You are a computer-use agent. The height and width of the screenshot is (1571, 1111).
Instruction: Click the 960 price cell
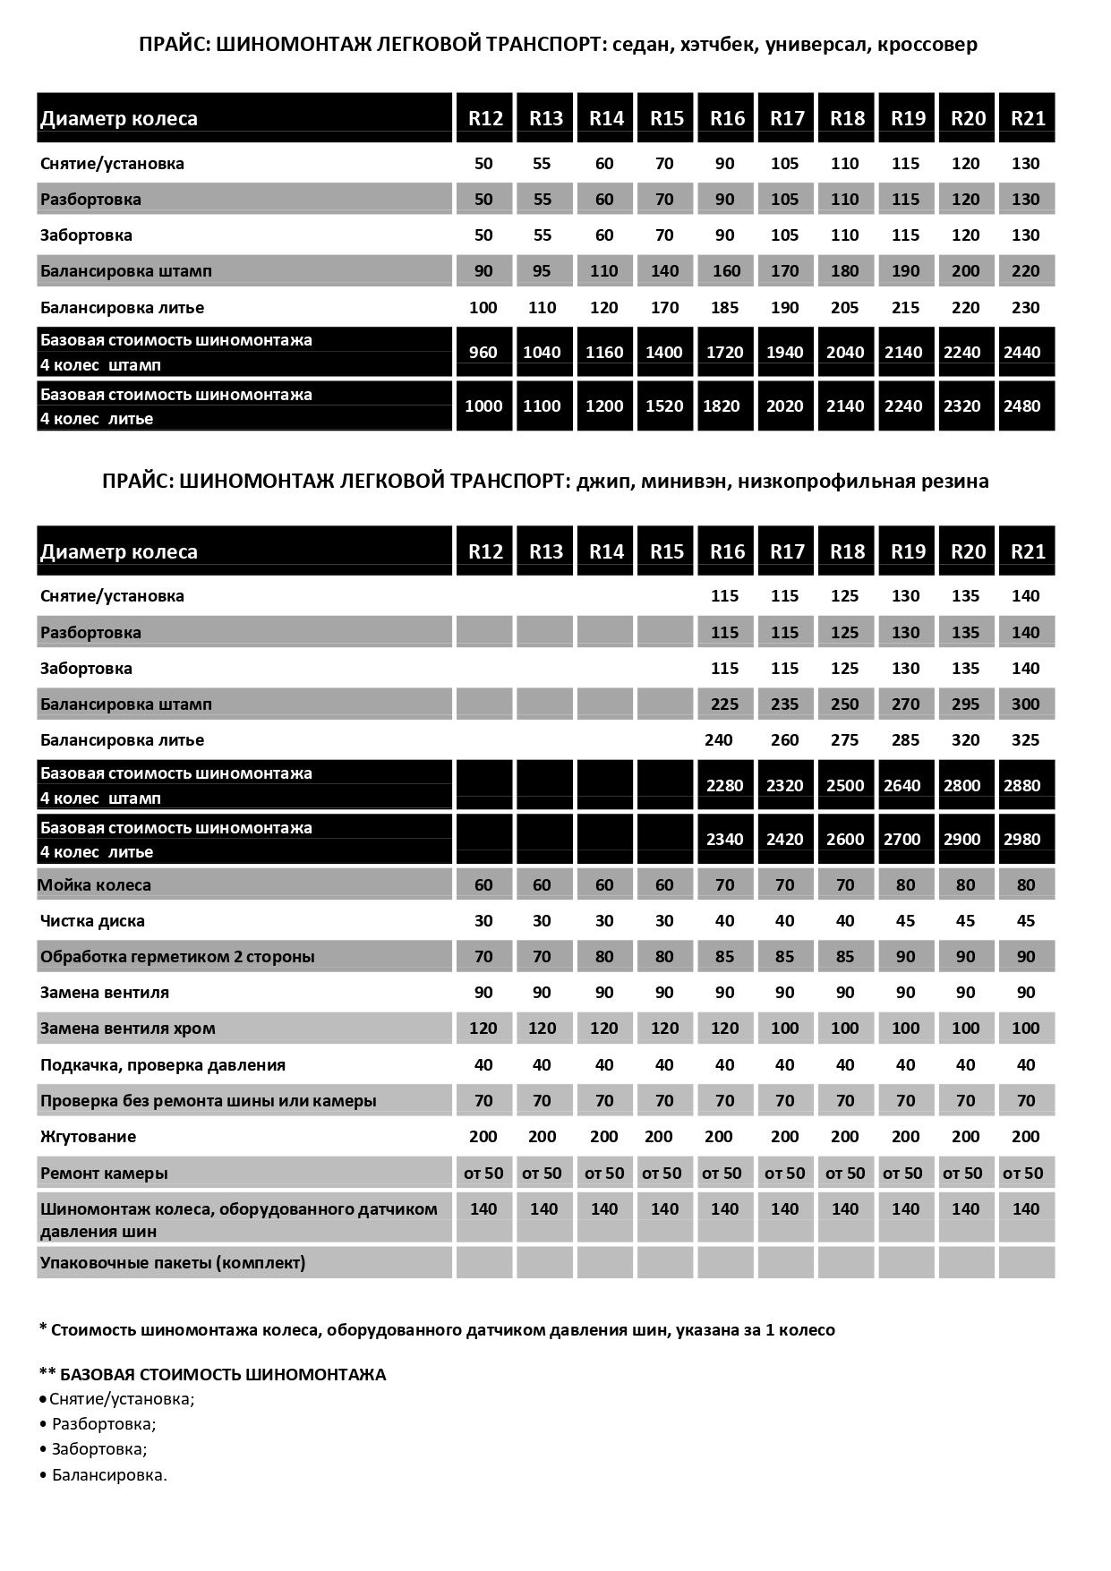click(x=483, y=352)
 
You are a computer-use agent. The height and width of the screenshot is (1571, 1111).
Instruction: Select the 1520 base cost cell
click(x=664, y=406)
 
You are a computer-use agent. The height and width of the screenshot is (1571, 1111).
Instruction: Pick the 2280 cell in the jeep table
click(x=724, y=785)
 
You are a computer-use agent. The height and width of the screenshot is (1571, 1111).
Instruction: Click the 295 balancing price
click(x=965, y=704)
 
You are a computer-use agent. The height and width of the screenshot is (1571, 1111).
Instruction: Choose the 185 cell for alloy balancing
click(x=724, y=307)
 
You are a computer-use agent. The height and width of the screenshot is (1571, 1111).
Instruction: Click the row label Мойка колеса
click(x=95, y=884)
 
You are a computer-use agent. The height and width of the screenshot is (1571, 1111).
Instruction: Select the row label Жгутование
click(x=88, y=1136)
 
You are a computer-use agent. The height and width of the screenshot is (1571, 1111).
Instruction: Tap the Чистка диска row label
click(x=92, y=920)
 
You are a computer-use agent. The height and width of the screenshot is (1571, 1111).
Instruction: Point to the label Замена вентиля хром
click(x=127, y=1028)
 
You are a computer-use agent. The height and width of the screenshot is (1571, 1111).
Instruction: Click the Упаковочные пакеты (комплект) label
click(x=173, y=1262)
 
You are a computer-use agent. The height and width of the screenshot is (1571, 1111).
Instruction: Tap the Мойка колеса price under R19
click(x=905, y=884)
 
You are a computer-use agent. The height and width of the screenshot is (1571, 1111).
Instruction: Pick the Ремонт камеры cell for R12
click(x=483, y=1173)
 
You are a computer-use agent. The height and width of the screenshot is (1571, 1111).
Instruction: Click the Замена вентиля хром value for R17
click(x=784, y=1028)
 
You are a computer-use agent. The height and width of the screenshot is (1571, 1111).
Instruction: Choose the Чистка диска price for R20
click(x=965, y=920)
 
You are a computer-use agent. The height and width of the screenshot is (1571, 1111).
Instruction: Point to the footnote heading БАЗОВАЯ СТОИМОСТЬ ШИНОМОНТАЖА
click(x=223, y=1374)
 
